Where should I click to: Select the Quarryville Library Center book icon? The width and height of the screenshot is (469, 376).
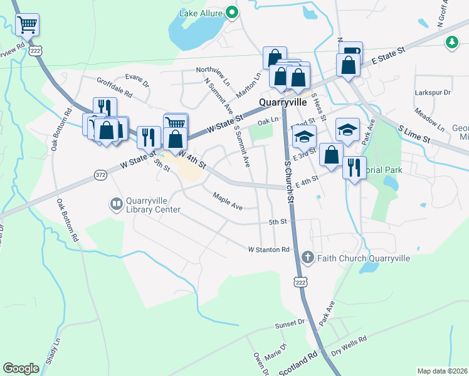pos(116,204)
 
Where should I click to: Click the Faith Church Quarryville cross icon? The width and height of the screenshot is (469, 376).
pos(307,258)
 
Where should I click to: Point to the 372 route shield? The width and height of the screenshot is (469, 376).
pos(100,174)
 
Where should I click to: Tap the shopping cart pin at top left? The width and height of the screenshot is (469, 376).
pos(27,25)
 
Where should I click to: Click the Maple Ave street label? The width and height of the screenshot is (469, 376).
pos(228,201)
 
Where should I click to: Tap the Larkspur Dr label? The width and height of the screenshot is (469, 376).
pos(433,93)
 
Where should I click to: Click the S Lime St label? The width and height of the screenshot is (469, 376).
pos(414,133)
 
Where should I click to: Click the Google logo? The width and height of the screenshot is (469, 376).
pos(21,368)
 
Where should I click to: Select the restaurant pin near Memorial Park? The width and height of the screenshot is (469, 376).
pos(354,168)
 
